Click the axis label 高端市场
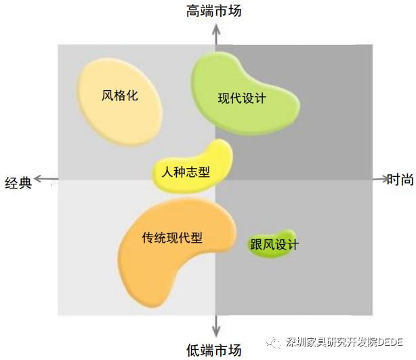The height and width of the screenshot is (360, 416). coord(214,11)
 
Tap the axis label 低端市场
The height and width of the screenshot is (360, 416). coord(214,350)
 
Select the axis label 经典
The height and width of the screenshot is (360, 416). coord(18,182)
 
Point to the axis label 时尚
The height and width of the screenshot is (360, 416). coord(400,180)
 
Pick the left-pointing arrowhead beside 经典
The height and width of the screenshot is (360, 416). coord(39,179)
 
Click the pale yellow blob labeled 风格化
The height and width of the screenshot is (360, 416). coord(119,102)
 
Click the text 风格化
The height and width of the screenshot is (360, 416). coord(120,96)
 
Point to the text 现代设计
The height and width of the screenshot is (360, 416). coord(242,98)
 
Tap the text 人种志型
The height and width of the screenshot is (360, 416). coord(186,172)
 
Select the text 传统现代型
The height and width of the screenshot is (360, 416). coord(172,237)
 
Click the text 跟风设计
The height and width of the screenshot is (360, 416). coord(274,244)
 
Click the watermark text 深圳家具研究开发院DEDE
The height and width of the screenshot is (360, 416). coord(344,342)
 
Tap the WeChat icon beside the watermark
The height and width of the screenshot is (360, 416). coord(273,342)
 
